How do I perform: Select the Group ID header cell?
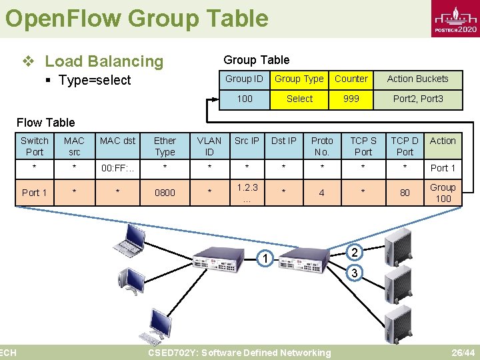(x=244, y=79)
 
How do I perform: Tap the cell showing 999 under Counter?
(x=351, y=99)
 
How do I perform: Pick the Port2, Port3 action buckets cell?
(x=418, y=99)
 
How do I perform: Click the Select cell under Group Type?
(x=299, y=99)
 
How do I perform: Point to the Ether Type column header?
(x=165, y=146)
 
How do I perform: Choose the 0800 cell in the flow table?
(x=165, y=193)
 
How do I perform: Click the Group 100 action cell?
(x=443, y=193)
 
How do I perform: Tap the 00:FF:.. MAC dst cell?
(x=117, y=168)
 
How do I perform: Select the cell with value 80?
(x=405, y=193)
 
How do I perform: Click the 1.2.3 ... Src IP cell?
(x=247, y=193)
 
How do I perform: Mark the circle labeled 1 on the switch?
(x=265, y=259)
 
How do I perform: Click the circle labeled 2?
(x=355, y=253)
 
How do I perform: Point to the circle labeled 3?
(x=355, y=273)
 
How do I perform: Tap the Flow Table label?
(x=45, y=122)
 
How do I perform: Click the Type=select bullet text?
(x=95, y=81)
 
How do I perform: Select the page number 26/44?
(x=463, y=353)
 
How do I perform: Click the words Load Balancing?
(x=103, y=61)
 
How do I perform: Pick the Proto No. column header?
(x=322, y=146)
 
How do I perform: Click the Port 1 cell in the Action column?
(x=443, y=168)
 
